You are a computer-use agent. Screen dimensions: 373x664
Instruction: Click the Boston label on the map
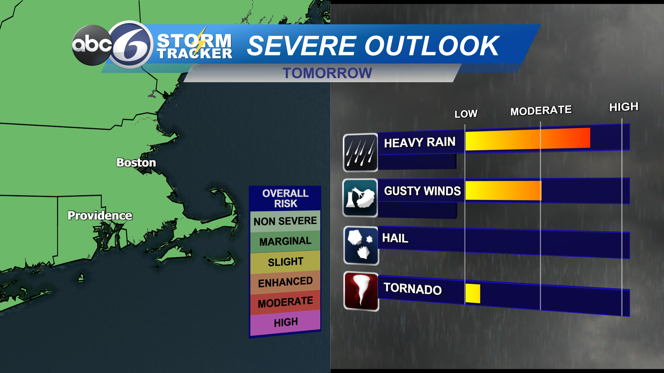tap(136, 162)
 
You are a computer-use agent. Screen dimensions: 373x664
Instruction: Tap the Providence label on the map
tap(100, 216)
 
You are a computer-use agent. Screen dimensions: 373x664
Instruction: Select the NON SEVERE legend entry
tap(285, 221)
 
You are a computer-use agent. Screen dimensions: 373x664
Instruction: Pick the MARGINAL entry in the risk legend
tap(285, 241)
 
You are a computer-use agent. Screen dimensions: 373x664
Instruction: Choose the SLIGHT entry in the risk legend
tap(285, 262)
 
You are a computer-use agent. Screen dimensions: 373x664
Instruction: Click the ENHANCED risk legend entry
tap(285, 282)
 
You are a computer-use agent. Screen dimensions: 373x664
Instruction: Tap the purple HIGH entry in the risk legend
tap(286, 322)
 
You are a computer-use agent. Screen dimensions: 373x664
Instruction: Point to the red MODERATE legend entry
tap(285, 303)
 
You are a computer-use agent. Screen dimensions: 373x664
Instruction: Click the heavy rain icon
tap(360, 152)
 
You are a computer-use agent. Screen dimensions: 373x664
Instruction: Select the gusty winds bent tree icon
tap(360, 198)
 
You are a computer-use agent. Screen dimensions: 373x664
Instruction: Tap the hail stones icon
tap(361, 246)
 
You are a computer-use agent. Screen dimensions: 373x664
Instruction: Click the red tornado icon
tap(361, 291)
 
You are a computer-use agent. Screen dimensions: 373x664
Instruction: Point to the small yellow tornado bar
tap(473, 294)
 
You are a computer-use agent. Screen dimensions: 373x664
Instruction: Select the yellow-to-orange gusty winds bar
tap(503, 190)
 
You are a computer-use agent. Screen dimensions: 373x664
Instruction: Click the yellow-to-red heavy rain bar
tap(527, 139)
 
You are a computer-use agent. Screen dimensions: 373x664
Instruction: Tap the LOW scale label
tap(466, 114)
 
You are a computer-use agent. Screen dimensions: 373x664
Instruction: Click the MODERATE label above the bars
tap(541, 111)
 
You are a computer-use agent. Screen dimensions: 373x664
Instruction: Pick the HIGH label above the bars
tap(624, 107)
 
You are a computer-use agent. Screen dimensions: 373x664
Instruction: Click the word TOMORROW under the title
tap(327, 73)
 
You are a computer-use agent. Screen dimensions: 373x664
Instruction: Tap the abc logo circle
tap(92, 45)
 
